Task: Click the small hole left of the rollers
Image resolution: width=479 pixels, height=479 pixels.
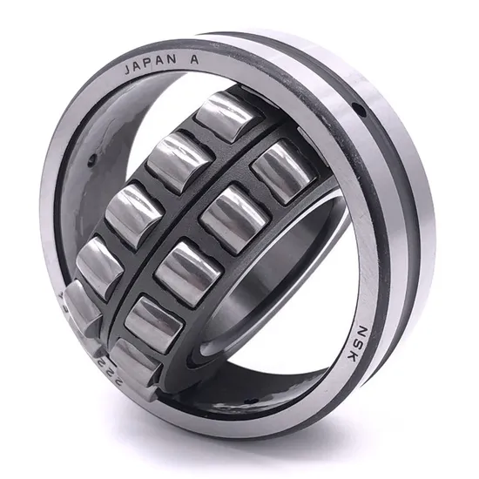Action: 91,159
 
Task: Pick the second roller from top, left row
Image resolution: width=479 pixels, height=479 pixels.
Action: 179,159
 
